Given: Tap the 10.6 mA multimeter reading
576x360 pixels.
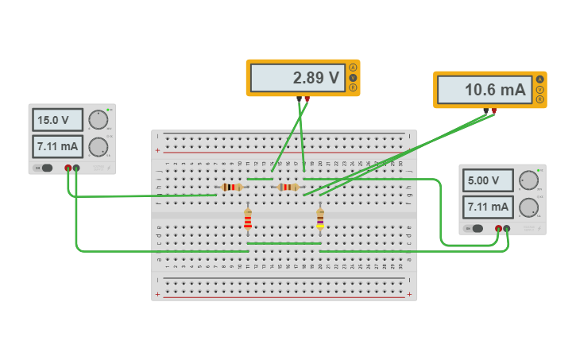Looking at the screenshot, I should click(485, 90).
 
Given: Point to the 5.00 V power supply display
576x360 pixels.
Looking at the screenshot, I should click(489, 180).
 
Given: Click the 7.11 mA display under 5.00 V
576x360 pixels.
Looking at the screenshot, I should click(489, 207).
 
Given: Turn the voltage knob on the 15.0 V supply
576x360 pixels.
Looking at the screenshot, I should click(98, 120).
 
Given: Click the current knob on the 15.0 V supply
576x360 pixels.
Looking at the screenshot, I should click(98, 147).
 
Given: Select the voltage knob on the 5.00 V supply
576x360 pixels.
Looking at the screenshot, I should click(528, 180).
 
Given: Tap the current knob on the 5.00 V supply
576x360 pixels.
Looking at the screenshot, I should click(528, 208).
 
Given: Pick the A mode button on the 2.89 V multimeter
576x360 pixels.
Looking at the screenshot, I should click(353, 68).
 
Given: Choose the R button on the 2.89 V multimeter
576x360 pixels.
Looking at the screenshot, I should click(353, 87).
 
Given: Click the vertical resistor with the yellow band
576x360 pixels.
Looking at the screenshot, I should click(320, 219).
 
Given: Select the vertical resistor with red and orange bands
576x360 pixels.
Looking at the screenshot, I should click(248, 220).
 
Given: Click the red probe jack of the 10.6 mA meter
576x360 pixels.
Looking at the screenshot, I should click(493, 110).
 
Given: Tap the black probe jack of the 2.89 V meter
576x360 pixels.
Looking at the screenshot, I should click(300, 99).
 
